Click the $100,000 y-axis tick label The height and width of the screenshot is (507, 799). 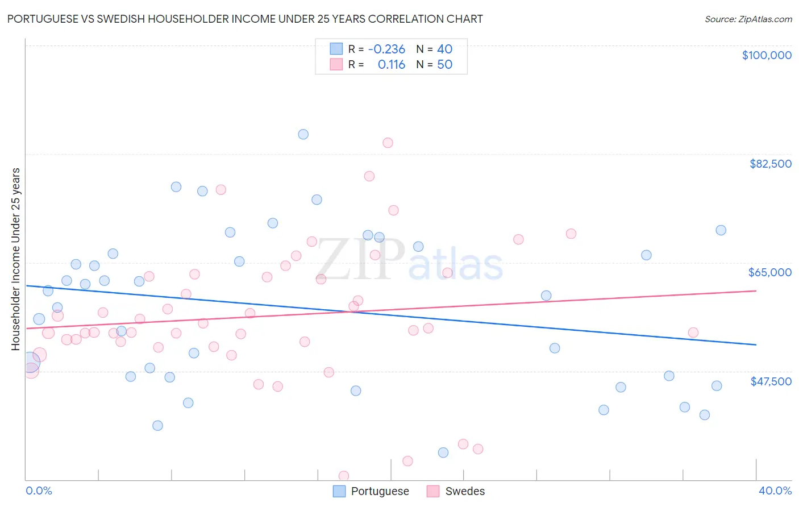point(766,55)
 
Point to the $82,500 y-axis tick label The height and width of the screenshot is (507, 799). point(770,164)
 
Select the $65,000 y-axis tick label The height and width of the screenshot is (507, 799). point(769,272)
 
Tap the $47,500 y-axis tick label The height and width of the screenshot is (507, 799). point(771,381)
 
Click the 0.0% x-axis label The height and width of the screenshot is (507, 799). point(39,491)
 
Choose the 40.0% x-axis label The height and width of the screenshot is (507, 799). point(775,491)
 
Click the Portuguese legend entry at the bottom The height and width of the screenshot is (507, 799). point(379,491)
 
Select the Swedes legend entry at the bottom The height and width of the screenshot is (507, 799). point(464,491)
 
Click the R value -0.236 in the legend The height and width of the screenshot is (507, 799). point(386,49)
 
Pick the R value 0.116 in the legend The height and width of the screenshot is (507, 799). point(391,65)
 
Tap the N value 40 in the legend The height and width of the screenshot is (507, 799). point(444,49)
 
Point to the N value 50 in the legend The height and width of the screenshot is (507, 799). point(444,65)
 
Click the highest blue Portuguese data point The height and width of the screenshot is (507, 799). point(303,134)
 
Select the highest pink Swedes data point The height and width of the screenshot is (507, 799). point(388,143)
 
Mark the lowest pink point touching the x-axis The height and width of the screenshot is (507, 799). point(343,476)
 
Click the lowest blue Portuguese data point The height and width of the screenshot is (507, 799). point(443,452)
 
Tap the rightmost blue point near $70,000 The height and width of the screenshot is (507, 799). point(721,230)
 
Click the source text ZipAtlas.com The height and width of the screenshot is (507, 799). point(748,19)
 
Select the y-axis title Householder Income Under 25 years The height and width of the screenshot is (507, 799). point(16,259)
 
